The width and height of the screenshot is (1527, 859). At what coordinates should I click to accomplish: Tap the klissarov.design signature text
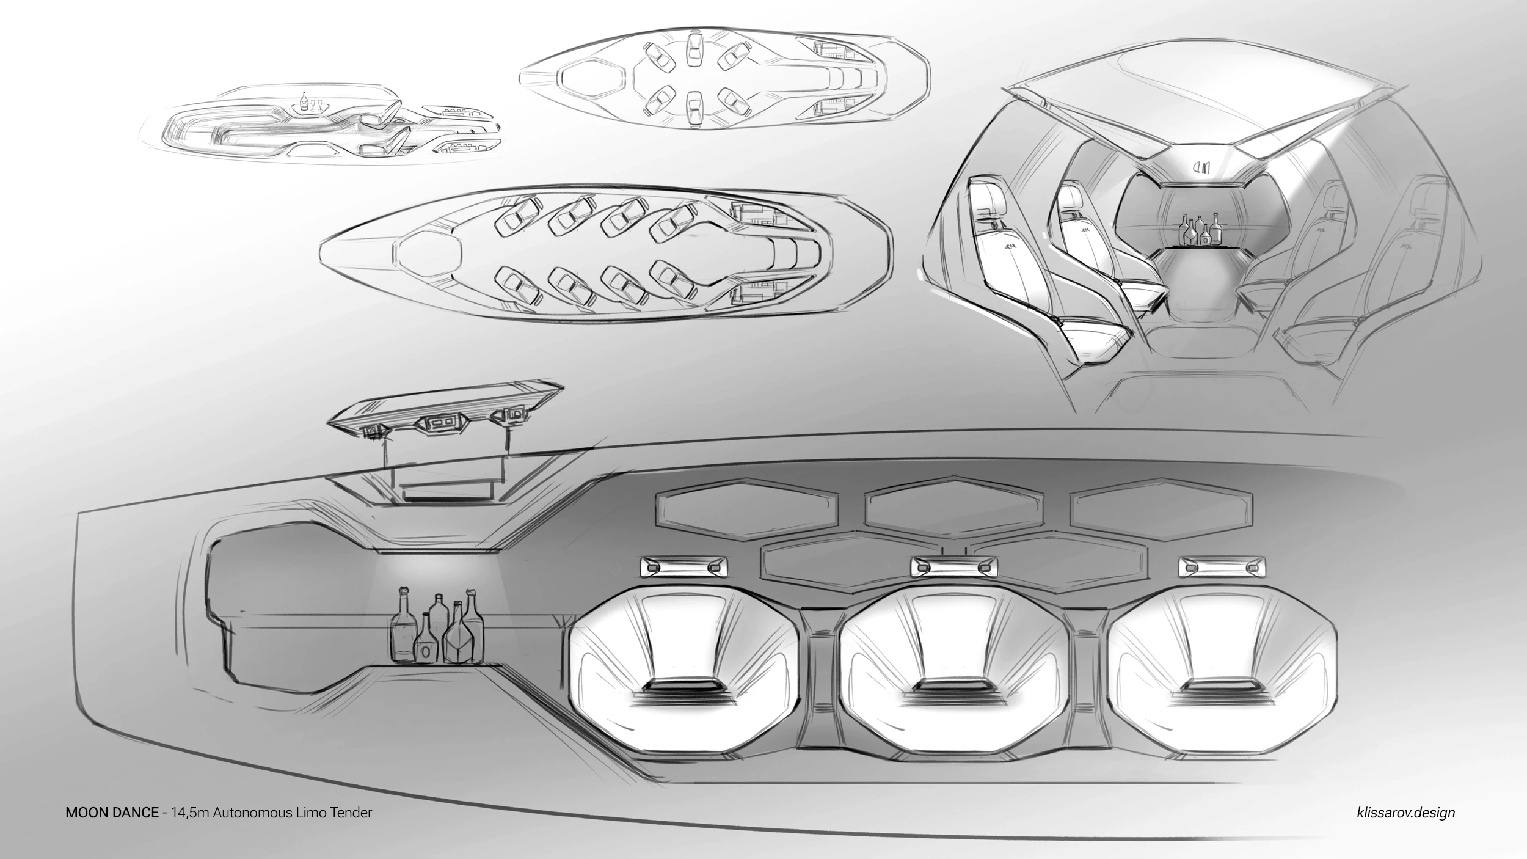(x=1402, y=813)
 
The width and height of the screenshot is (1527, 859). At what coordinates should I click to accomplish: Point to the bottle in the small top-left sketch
(x=304, y=101)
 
